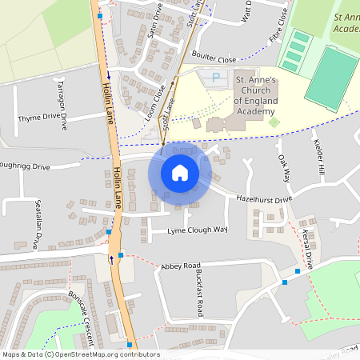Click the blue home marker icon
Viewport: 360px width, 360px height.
[x=180, y=172]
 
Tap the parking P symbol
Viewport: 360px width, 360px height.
[x=214, y=77]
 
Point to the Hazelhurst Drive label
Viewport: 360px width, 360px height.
[x=259, y=198]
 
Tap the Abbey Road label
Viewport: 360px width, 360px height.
[x=180, y=266]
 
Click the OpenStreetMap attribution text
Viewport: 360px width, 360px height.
[x=80, y=354]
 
